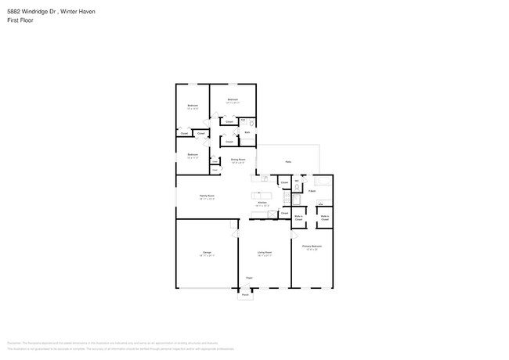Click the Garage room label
point(207,253)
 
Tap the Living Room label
point(265,253)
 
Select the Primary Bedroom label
point(312,246)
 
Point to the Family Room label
point(207,196)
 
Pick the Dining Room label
point(238,160)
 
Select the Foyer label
point(249,278)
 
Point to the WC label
point(297,182)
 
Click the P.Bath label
point(312,191)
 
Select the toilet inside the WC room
point(297,188)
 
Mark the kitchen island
point(260,195)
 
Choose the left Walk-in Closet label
point(298,219)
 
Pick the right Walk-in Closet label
point(324,219)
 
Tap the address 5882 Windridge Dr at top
point(31,12)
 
